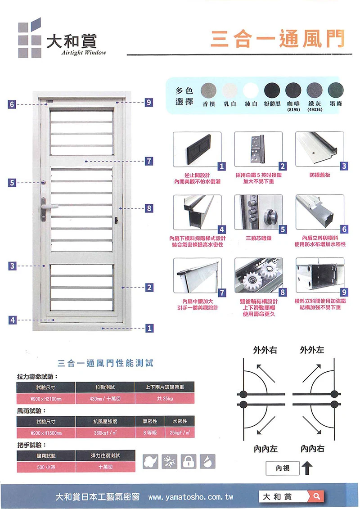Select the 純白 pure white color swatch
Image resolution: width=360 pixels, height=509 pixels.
pos(251,90)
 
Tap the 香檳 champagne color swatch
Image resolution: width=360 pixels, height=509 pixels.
pos(208,90)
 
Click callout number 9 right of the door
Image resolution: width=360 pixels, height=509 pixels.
pos(149,103)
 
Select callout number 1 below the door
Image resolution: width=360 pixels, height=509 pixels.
pos(149,328)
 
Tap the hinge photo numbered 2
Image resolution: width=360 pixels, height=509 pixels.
pos(258,149)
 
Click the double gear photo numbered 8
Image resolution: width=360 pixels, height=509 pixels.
pos(258,275)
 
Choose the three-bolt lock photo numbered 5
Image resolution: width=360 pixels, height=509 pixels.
pos(258,212)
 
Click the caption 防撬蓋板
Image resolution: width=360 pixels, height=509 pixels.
pos(319,175)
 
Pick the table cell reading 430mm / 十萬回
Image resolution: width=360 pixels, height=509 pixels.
pos(105,399)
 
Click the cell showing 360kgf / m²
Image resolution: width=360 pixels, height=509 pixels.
pos(105,433)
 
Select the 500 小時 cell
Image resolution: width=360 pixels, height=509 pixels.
pos(45,467)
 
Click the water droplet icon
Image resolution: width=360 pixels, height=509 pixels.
pos(208,460)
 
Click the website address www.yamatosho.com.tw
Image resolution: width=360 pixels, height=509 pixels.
pos(190,498)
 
